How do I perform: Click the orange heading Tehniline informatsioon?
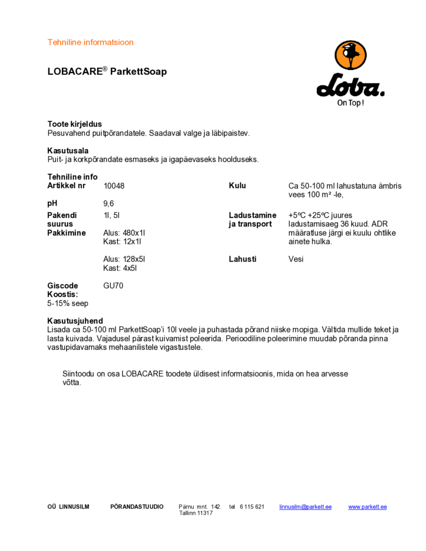click(90, 42)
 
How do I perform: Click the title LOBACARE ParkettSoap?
click(107, 71)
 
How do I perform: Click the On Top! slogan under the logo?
click(350, 103)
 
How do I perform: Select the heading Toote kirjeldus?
click(74, 124)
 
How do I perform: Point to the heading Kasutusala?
click(68, 151)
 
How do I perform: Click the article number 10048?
click(114, 186)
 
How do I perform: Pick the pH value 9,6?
click(108, 203)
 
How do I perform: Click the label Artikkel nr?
click(66, 186)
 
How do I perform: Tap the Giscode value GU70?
click(113, 286)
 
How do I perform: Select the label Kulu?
click(237, 186)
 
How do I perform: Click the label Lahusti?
click(242, 259)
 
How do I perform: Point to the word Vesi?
click(296, 259)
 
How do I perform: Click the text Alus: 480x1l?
click(124, 232)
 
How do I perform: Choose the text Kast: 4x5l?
click(120, 267)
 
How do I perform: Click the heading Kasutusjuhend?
click(75, 321)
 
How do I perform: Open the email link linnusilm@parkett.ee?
click(305, 507)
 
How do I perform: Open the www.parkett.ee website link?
click(367, 507)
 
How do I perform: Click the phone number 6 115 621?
click(252, 507)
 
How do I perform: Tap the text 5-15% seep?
click(68, 303)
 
